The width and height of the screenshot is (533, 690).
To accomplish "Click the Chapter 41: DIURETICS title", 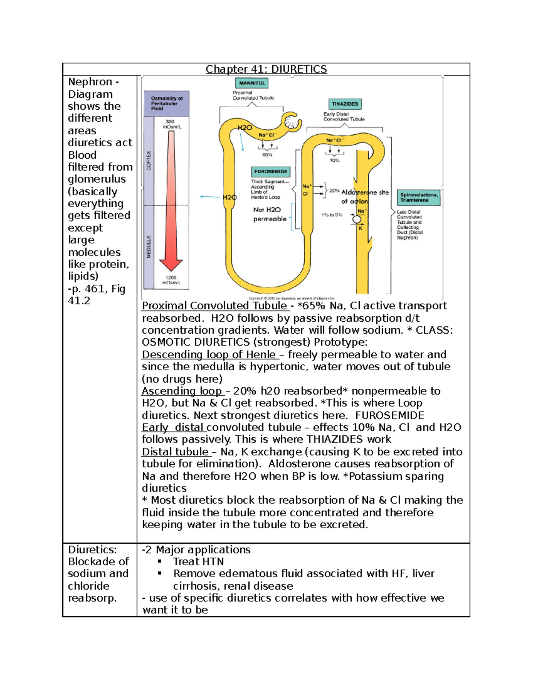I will pyautogui.click(x=266, y=69).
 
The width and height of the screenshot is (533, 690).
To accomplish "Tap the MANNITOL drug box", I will pyautogui.click(x=251, y=83).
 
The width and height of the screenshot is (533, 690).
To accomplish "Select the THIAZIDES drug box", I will pyautogui.click(x=345, y=104).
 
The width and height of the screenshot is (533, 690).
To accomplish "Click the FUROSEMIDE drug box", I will pyautogui.click(x=270, y=172).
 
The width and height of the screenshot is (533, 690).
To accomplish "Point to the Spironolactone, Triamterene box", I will pyautogui.click(x=419, y=197).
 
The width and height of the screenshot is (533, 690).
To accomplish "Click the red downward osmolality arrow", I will pyautogui.click(x=171, y=200).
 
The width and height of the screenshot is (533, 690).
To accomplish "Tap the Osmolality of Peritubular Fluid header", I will pyautogui.click(x=167, y=104).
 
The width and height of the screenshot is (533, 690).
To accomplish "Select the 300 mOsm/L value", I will pyautogui.click(x=171, y=124).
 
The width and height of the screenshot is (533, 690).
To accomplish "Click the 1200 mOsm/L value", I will pyautogui.click(x=171, y=280).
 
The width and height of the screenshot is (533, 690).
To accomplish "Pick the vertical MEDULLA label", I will pyautogui.click(x=149, y=247).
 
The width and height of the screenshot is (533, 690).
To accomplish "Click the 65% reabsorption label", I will pyautogui.click(x=267, y=155).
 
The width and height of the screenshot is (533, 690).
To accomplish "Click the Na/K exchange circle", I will pyautogui.click(x=357, y=219).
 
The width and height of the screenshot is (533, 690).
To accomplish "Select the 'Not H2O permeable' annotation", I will pyautogui.click(x=270, y=214).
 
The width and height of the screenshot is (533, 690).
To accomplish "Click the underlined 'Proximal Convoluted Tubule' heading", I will pyautogui.click(x=215, y=306).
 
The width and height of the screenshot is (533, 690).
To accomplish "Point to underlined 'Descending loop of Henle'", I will pyautogui.click(x=209, y=355).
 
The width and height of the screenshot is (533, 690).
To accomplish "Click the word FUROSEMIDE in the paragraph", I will pyautogui.click(x=390, y=415).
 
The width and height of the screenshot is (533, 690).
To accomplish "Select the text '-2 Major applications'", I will pyautogui.click(x=196, y=550).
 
